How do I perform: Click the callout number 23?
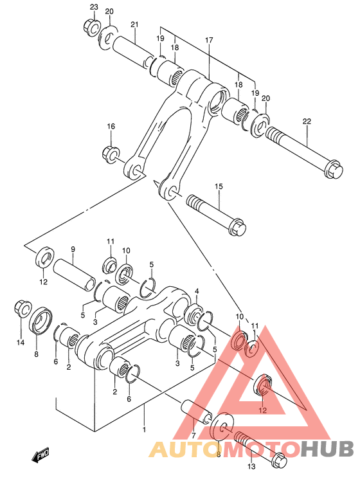click(x=94, y=7)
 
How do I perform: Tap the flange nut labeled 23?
click(x=90, y=27)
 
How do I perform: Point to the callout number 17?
click(x=209, y=41)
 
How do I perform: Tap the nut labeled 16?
click(x=110, y=154)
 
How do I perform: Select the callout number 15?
click(x=219, y=186)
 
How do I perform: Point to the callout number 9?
click(x=73, y=250)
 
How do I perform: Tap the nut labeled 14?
click(x=22, y=309)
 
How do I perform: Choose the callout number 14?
click(x=21, y=343)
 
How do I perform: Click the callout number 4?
click(x=197, y=291)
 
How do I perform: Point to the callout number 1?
click(x=144, y=430)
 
